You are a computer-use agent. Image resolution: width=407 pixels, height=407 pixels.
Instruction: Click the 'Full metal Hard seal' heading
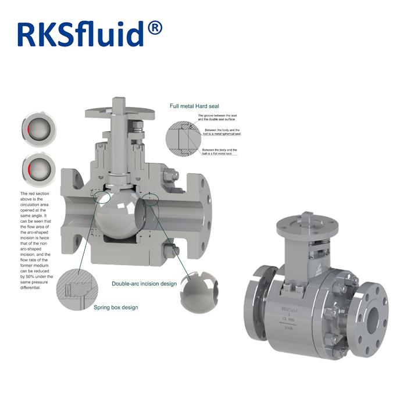click(x=194, y=106)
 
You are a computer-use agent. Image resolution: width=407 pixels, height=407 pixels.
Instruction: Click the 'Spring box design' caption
click(x=116, y=307)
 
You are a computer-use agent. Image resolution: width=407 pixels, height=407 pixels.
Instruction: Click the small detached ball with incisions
click(x=196, y=288)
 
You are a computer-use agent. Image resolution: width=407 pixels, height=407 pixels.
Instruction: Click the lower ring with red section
click(x=35, y=169)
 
